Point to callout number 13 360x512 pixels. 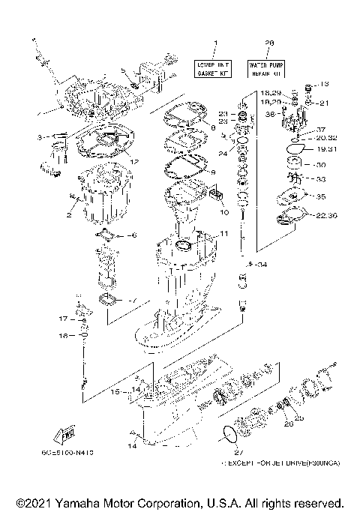(x=325, y=84)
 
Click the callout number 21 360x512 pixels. (x=325, y=103)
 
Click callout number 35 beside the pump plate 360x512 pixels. (x=322, y=197)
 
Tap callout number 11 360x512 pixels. (x=223, y=234)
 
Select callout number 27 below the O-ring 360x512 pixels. (x=239, y=452)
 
